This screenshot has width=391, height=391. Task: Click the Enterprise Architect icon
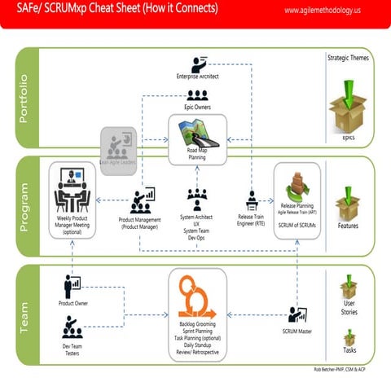click(x=198, y=64)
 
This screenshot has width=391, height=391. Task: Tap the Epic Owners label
click(x=198, y=106)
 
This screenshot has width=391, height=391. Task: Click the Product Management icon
click(x=143, y=200)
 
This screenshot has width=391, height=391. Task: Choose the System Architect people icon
click(x=197, y=199)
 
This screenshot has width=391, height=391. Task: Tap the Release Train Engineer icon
click(x=253, y=200)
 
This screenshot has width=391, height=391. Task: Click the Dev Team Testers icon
click(x=72, y=327)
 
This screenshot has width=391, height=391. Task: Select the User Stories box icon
click(x=349, y=288)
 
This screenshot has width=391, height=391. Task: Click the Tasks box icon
click(x=349, y=336)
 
